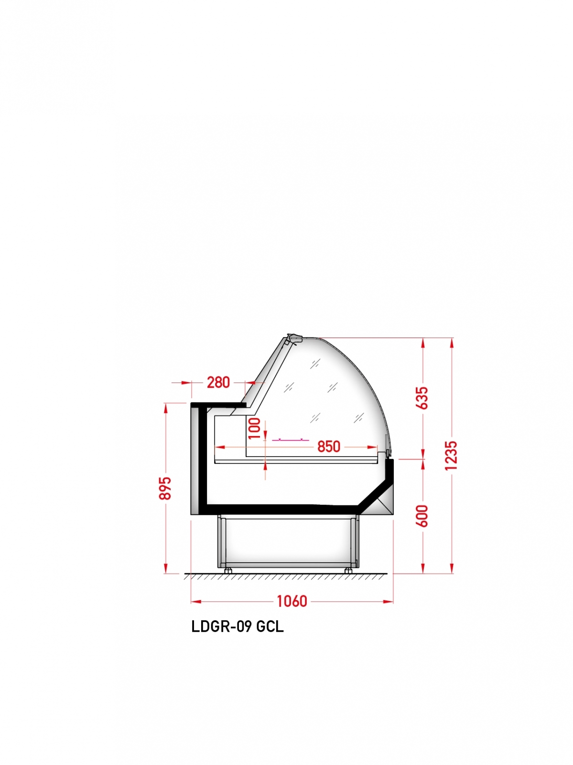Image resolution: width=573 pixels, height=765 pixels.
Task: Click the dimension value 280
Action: coord(218,382)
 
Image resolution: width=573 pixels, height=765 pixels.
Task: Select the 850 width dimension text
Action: coord(328,447)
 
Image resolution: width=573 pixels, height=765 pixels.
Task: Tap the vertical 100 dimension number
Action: coord(254,428)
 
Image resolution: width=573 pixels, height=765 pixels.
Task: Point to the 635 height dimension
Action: coord(422,398)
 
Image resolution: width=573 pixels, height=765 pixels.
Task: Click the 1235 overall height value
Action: coord(451,456)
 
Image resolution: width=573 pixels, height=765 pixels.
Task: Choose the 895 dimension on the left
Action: coord(165,488)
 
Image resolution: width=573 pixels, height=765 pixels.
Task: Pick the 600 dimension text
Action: coord(422,516)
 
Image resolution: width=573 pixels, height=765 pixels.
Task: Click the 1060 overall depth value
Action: coord(292,601)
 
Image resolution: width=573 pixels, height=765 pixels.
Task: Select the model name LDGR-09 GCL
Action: coord(238,627)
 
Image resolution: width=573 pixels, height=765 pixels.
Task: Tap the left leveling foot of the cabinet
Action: coord(228,570)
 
